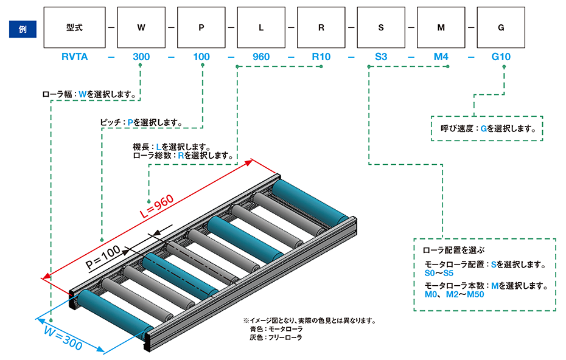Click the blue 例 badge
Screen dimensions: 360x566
click(x=22, y=28)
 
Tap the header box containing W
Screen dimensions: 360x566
click(x=141, y=28)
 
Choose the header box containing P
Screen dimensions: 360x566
click(x=201, y=28)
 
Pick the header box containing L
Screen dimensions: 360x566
click(x=260, y=28)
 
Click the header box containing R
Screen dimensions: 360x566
click(x=321, y=28)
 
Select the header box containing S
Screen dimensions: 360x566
click(x=380, y=28)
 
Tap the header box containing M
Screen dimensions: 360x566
click(x=441, y=28)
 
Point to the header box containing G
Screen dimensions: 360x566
click(x=500, y=28)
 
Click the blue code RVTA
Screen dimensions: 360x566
click(x=75, y=57)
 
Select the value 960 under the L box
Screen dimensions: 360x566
click(x=260, y=57)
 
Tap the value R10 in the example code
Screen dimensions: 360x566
click(x=321, y=57)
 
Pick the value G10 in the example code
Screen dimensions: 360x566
click(x=500, y=57)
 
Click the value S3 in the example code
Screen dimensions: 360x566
click(x=380, y=57)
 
